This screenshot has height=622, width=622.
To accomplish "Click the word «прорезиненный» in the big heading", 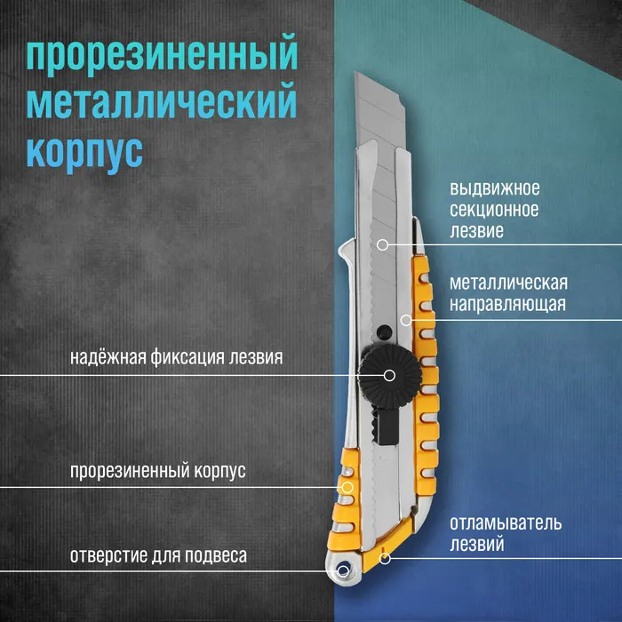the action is click(162, 55).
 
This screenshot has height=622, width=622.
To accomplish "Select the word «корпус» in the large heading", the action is click(84, 153).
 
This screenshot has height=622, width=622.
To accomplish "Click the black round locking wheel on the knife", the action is click(389, 375).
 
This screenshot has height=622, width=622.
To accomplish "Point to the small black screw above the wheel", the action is click(384, 331).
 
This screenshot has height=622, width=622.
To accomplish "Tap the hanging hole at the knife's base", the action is click(343, 571).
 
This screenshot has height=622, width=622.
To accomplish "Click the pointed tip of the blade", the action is click(355, 73).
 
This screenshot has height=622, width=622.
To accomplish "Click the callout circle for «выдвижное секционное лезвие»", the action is click(382, 244).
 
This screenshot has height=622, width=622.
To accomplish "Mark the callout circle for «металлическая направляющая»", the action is click(406, 320).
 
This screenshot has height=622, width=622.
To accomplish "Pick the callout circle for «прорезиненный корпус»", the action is click(347, 487).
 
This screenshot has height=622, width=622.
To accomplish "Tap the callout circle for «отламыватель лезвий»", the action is click(385, 559).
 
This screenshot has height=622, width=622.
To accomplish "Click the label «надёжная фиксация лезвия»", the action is click(177, 357).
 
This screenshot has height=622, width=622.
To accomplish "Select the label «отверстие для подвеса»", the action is click(158, 555).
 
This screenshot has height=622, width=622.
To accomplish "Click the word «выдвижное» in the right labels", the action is click(495, 188).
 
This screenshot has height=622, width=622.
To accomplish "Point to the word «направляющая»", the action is click(507, 305).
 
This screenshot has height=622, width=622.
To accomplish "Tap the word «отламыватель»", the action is click(506, 523).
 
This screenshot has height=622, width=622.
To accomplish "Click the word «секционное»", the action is click(494, 210).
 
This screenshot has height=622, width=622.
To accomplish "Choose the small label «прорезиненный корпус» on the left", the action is click(158, 471).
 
